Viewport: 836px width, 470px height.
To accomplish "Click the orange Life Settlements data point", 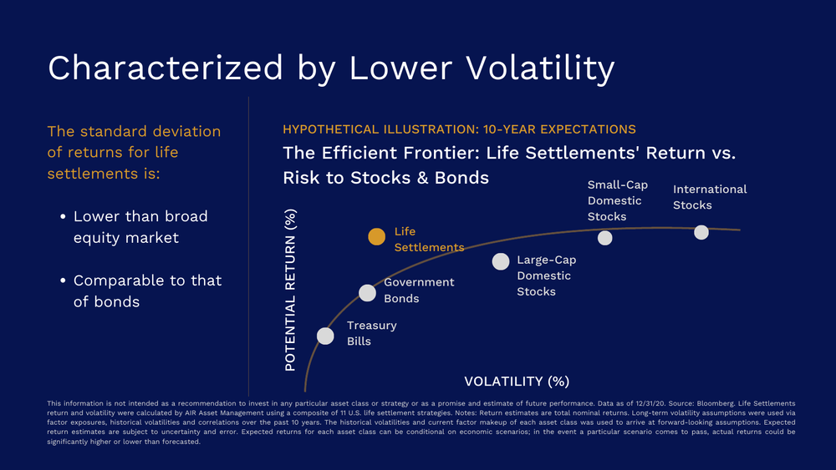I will [x=377, y=237].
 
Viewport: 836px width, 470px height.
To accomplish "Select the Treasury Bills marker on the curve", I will [x=325, y=336].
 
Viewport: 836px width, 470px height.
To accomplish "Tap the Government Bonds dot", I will [x=367, y=292].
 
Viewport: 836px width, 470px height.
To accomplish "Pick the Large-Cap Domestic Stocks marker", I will [x=500, y=261].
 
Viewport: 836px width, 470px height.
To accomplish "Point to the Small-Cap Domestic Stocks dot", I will [x=604, y=238].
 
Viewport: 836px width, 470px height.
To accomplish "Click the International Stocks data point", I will [x=701, y=232].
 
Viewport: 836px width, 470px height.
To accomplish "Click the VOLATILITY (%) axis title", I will [x=516, y=382].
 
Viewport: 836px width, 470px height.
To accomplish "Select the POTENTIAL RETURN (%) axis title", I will [x=291, y=290].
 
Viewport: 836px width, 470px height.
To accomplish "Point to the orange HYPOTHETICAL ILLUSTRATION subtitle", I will [x=459, y=129].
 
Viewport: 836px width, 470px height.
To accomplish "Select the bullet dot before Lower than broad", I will [x=63, y=217].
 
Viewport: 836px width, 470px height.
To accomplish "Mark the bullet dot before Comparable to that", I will [x=63, y=281].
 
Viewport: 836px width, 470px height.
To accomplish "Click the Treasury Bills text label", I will [x=371, y=333].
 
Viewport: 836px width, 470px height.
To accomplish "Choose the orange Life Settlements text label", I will [x=428, y=240].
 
